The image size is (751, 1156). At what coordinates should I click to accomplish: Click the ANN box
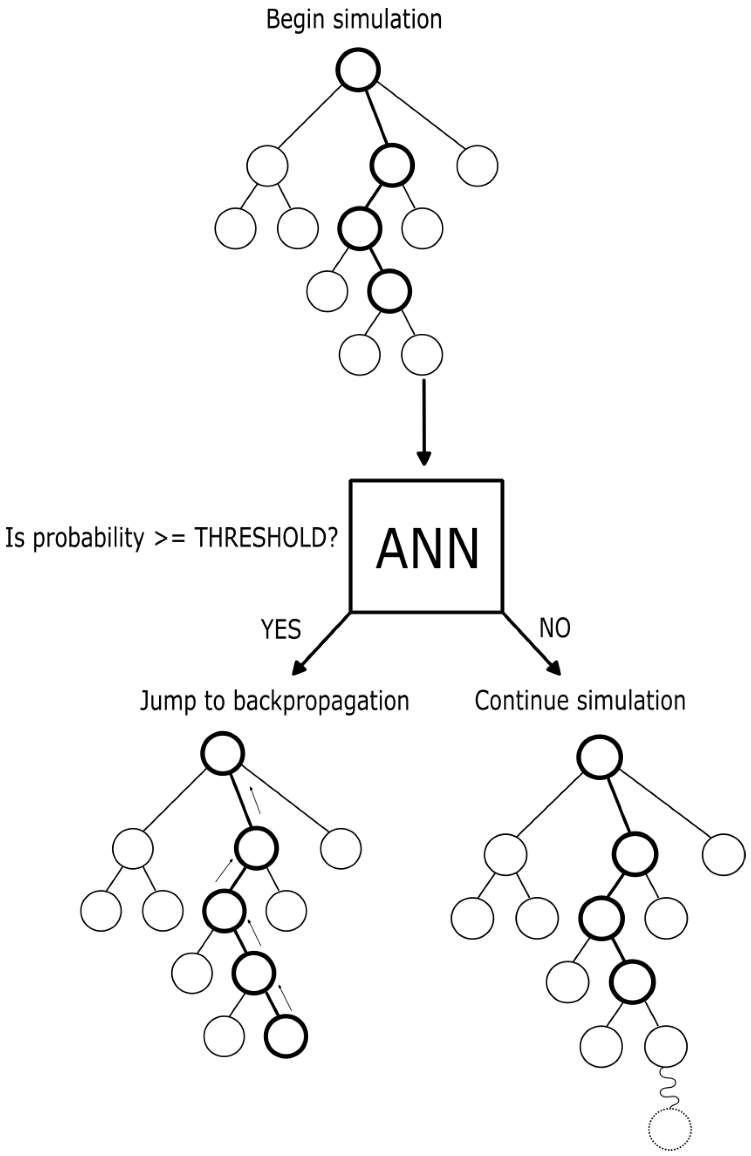(426, 547)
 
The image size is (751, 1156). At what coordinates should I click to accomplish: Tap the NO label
(555, 628)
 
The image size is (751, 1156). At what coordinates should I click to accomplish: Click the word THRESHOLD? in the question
(265, 538)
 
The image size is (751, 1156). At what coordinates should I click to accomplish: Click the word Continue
(515, 701)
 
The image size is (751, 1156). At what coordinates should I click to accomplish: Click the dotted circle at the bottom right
(670, 1129)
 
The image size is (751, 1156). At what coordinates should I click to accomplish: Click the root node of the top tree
(358, 70)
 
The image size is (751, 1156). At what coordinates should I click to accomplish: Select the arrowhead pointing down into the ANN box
(424, 458)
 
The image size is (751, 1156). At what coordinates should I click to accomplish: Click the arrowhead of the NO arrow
(555, 669)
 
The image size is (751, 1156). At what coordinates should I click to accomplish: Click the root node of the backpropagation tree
(223, 753)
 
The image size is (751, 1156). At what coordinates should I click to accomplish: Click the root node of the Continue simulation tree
(600, 757)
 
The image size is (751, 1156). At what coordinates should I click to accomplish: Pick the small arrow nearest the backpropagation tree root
(255, 800)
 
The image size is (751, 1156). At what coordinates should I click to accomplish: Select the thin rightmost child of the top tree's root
(477, 165)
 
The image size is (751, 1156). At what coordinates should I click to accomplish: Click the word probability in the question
(89, 538)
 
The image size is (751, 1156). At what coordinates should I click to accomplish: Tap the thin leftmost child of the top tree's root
(267, 165)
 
